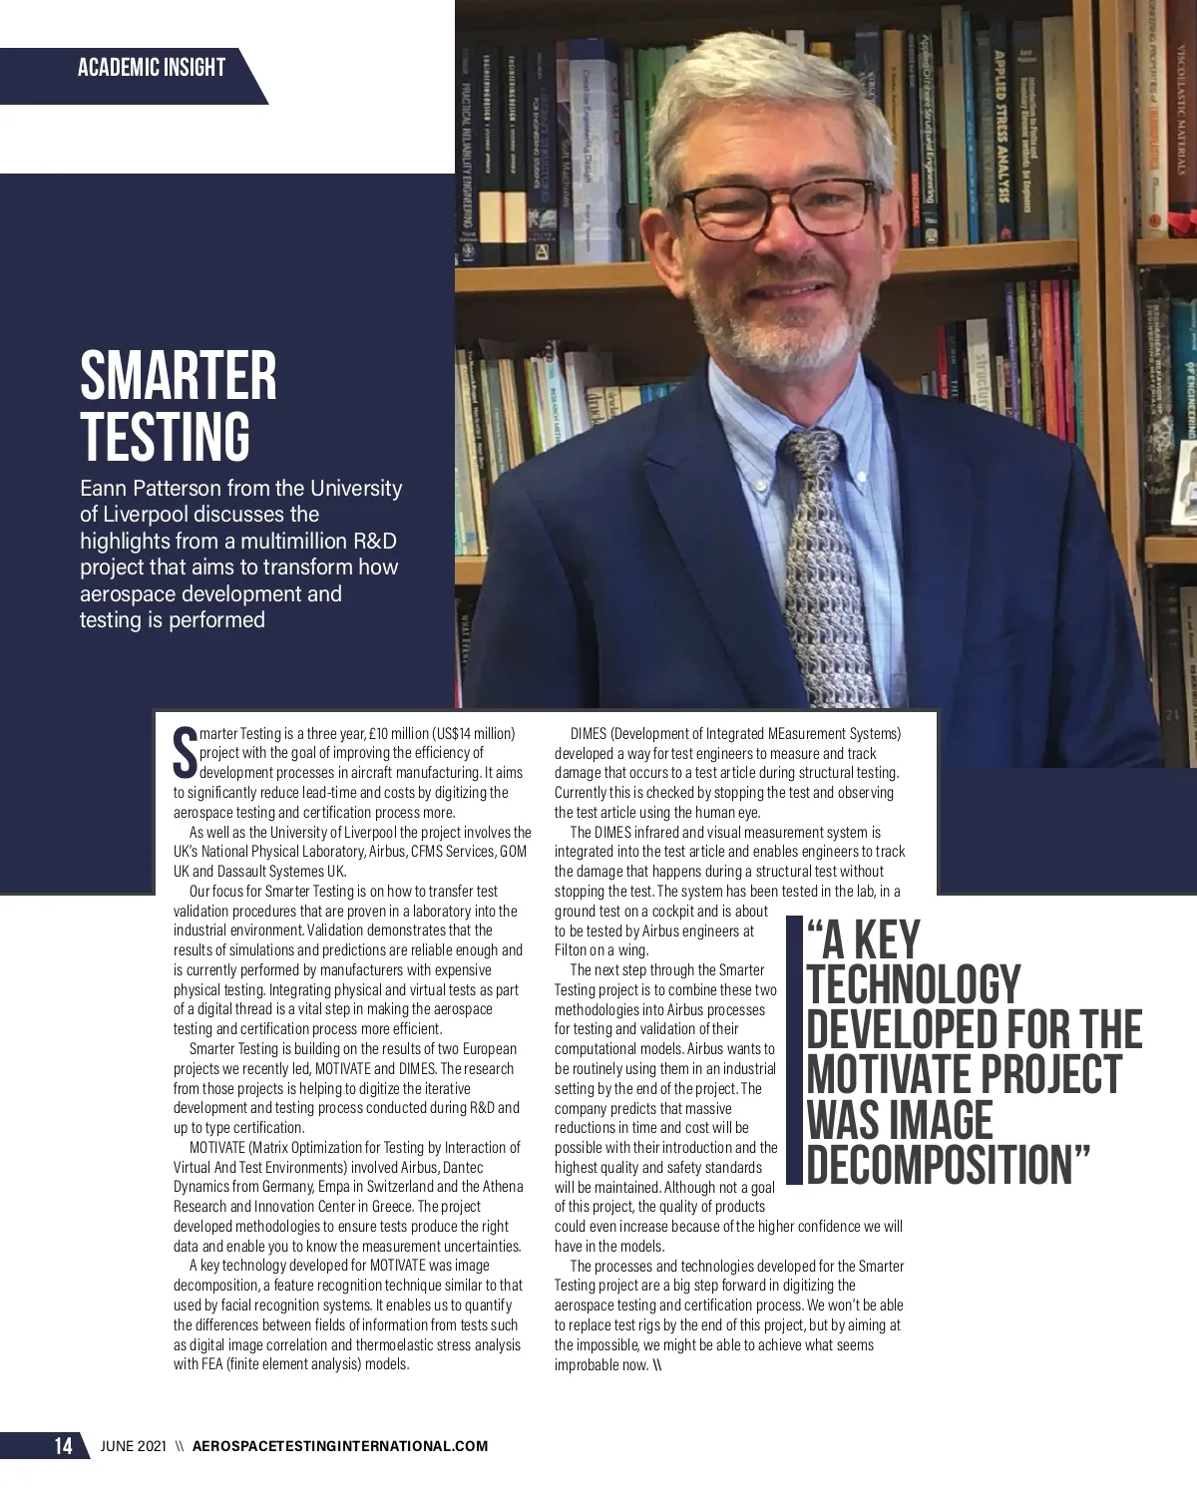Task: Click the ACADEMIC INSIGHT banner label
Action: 151,68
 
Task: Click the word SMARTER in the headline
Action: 179,377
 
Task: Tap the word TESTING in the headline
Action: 165,436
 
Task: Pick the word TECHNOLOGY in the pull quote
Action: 913,985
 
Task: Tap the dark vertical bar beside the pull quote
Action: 794,1052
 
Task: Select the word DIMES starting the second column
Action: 589,734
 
